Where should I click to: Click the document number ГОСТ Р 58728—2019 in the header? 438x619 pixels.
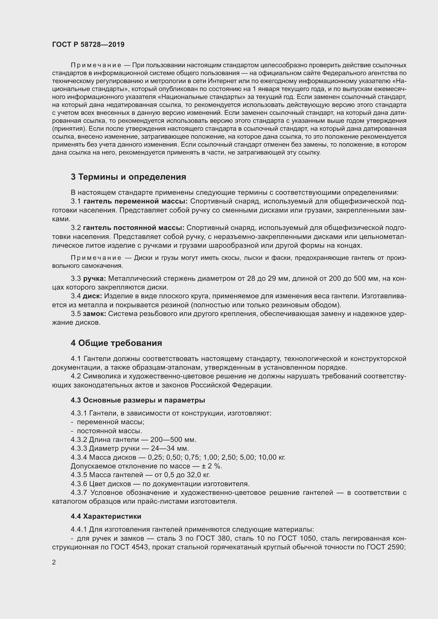[88, 45]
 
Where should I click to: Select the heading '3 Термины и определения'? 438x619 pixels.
[128, 177]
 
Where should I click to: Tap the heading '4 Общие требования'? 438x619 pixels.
[116, 343]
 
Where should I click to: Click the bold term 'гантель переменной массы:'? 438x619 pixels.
[136, 201]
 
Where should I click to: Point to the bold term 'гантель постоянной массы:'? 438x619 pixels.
[134, 228]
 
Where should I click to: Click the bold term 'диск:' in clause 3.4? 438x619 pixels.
[92, 296]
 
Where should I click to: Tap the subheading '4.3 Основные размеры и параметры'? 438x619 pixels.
[138, 400]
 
